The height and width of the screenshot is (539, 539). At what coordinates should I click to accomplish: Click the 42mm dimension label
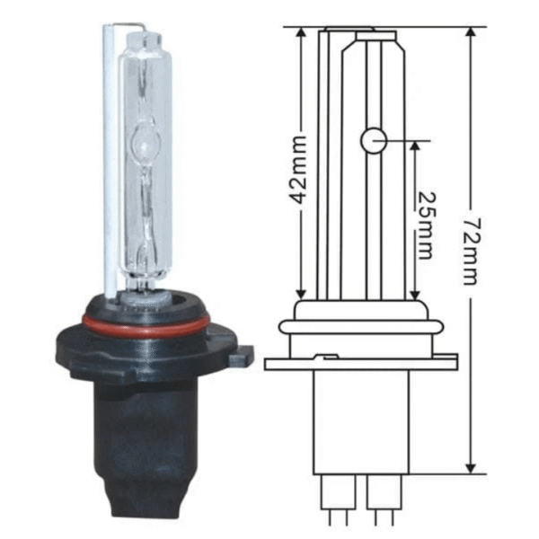[x=297, y=170]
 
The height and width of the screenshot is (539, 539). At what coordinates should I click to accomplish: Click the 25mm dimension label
[x=426, y=225]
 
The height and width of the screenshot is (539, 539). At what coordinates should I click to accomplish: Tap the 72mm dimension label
[x=470, y=252]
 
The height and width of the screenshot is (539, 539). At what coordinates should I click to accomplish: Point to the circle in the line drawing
[x=374, y=141]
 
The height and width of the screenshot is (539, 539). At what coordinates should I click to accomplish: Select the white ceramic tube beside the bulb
[x=110, y=162]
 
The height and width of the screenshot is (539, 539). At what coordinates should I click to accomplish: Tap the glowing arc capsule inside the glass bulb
[x=146, y=140]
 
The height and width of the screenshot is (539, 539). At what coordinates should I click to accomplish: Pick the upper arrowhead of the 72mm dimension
[x=472, y=32]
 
